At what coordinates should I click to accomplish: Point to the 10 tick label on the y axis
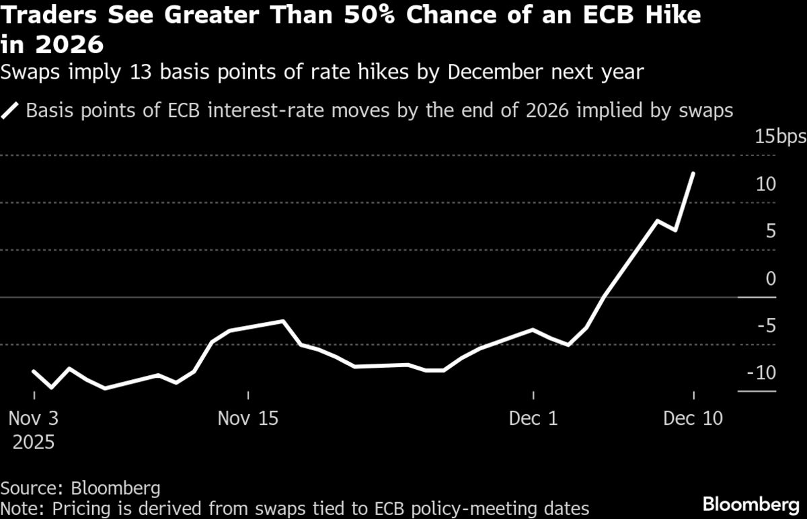767,184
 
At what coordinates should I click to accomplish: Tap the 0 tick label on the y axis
771,278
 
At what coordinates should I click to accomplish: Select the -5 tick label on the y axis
767,325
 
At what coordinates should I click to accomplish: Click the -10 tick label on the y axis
763,372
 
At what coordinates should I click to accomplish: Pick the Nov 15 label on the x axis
248,418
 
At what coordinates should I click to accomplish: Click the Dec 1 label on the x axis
533,418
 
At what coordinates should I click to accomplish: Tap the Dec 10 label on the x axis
693,418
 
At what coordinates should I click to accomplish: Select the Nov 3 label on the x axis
34,418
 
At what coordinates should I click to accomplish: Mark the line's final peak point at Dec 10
693,173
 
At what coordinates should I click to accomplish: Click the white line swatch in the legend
11,110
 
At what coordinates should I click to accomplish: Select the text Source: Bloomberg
80,487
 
